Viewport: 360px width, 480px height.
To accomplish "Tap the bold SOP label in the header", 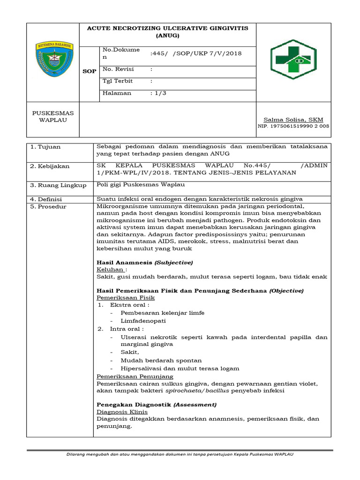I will (x=90, y=71).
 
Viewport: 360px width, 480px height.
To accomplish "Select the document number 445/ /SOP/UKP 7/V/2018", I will (x=195, y=53).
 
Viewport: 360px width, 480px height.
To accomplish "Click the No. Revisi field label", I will (x=118, y=69).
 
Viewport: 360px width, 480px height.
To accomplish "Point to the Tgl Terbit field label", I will (x=118, y=81).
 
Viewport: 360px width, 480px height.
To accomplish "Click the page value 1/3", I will (x=158, y=93).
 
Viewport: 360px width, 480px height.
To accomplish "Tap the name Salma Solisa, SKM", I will (x=293, y=120).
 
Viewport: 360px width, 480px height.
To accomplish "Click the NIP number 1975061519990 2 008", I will (x=293, y=126).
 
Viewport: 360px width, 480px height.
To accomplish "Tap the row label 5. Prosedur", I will (x=48, y=207).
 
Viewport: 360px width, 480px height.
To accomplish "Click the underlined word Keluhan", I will (x=111, y=270).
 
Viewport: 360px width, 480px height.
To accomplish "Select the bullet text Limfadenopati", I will (x=143, y=321).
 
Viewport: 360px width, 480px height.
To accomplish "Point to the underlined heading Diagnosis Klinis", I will (x=122, y=412).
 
